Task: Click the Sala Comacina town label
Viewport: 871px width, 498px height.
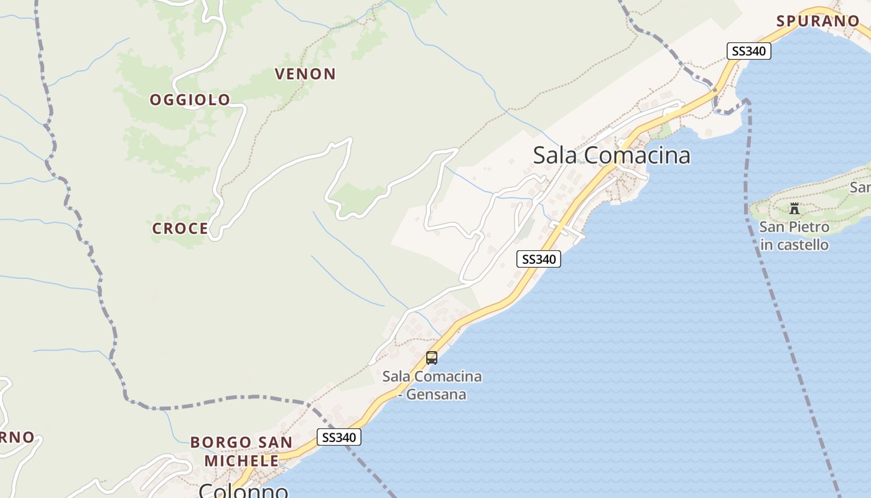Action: point(612,155)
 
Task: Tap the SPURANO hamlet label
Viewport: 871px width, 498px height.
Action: point(817,21)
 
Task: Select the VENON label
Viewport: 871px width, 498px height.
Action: point(305,74)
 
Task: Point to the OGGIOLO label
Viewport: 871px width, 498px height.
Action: point(190,100)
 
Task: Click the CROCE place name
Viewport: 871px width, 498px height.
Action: point(180,228)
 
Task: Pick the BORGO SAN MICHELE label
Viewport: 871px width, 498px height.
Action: point(241,451)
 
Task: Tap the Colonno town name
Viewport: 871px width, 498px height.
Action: point(243,491)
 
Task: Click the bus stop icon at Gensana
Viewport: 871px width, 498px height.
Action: point(432,358)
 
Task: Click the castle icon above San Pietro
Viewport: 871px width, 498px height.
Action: point(794,209)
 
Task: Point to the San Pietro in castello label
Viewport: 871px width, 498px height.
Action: point(794,236)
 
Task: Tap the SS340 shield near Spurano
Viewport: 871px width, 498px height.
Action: point(749,51)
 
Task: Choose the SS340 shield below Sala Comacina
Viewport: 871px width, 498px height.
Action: point(539,259)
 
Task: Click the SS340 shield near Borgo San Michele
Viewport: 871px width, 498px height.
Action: point(339,438)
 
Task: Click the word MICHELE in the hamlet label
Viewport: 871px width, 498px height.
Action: point(241,461)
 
